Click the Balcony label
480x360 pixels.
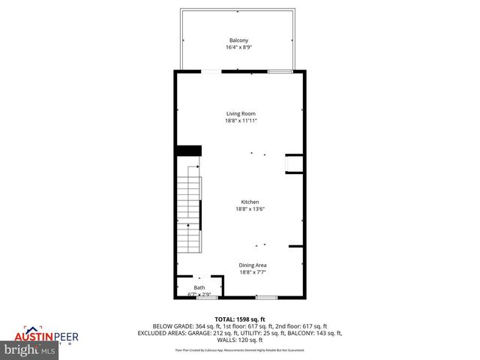pyautogui.click(x=238, y=40)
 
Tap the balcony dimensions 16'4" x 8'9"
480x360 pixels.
pyautogui.click(x=238, y=47)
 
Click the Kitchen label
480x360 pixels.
pyautogui.click(x=250, y=202)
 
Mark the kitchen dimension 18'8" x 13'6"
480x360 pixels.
pyautogui.click(x=250, y=209)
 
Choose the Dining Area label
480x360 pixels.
pyautogui.click(x=253, y=265)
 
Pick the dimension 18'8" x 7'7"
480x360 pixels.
pyautogui.click(x=253, y=272)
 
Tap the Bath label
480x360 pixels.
pyautogui.click(x=199, y=287)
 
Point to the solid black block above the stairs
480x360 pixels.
pyautogui.click(x=188, y=151)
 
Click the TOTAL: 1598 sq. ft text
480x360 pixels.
pyautogui.click(x=240, y=319)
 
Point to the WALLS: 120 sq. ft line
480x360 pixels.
pyautogui.click(x=240, y=340)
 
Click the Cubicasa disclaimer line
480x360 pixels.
pyautogui.click(x=240, y=349)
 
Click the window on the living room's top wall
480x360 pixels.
pyautogui.click(x=280, y=71)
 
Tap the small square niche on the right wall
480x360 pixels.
pyautogui.click(x=294, y=163)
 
